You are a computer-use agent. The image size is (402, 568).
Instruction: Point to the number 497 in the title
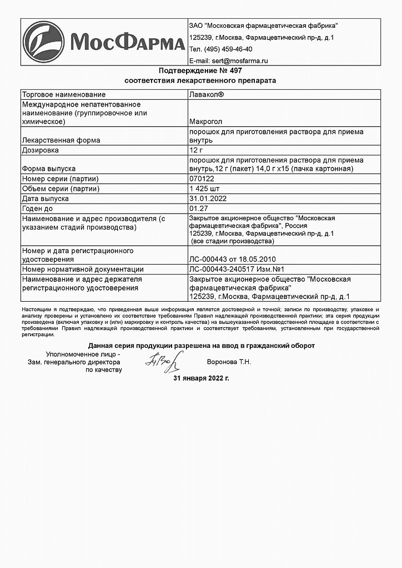pyautogui.click(x=235, y=71)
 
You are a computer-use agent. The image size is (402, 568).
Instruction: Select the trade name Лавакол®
pyautogui.click(x=207, y=95)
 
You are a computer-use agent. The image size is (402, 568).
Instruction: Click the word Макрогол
pyautogui.click(x=207, y=121)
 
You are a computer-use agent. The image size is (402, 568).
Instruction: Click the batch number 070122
pyautogui.click(x=202, y=179)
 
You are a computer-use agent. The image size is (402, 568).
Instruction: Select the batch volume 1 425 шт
pyautogui.click(x=205, y=189)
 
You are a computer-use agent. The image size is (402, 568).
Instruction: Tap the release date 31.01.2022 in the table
pyautogui.click(x=208, y=198)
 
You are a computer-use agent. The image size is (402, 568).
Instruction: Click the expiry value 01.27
pyautogui.click(x=199, y=208)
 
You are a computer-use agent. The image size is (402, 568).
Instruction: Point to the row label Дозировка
pyautogui.click(x=39, y=150)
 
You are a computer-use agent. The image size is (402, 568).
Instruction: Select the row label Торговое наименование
pyautogui.click(x=63, y=95)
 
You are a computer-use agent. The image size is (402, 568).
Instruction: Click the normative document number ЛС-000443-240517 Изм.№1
pyautogui.click(x=234, y=269)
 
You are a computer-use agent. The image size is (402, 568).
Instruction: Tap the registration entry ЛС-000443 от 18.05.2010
pyautogui.click(x=233, y=259)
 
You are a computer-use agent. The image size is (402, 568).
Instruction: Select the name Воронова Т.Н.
pyautogui.click(x=228, y=362)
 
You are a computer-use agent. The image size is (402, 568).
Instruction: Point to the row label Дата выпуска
pyautogui.click(x=45, y=198)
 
